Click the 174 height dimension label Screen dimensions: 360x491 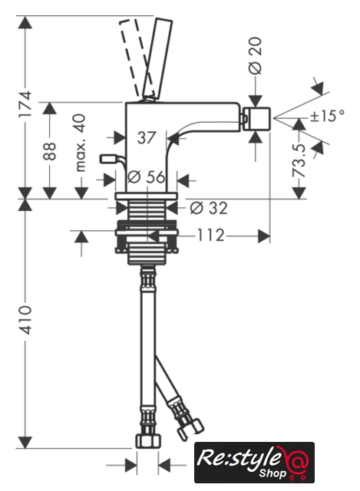[25, 104]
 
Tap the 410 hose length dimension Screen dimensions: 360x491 [25, 320]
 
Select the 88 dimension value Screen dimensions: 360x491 [49, 152]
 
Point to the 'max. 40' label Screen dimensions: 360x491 [80, 143]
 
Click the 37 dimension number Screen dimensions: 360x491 [147, 138]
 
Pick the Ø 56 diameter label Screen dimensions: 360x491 [147, 177]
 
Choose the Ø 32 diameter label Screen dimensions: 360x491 [209, 208]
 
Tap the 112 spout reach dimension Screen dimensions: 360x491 [210, 236]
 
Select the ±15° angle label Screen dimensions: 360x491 [327, 116]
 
